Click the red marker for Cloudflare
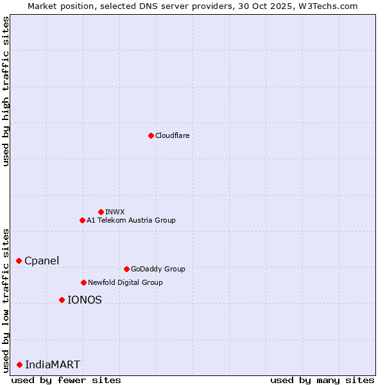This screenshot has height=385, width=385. pyautogui.click(x=151, y=135)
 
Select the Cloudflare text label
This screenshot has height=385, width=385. pyautogui.click(x=173, y=135)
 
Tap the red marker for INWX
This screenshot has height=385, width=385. pyautogui.click(x=101, y=212)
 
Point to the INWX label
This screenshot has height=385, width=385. pyautogui.click(x=115, y=212)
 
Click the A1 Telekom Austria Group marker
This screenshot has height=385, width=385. pyautogui.click(x=82, y=220)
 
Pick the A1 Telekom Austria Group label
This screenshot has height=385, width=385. pyautogui.click(x=131, y=220)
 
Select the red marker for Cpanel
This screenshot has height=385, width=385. pyautogui.click(x=19, y=261)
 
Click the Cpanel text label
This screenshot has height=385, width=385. pyautogui.click(x=42, y=261)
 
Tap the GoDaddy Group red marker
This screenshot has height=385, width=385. pyautogui.click(x=126, y=269)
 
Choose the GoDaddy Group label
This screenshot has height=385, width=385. pyautogui.click(x=158, y=269)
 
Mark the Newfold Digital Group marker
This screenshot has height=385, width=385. pyautogui.click(x=83, y=282)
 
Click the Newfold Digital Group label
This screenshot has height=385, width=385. pyautogui.click(x=125, y=282)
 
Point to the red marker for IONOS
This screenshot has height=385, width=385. pyautogui.click(x=62, y=300)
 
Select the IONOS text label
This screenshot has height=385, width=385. pyautogui.click(x=85, y=300)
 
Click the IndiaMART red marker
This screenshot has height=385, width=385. pyautogui.click(x=19, y=364)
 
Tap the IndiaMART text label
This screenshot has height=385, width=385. pyautogui.click(x=53, y=364)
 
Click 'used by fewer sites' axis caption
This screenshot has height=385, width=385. pyautogui.click(x=66, y=380)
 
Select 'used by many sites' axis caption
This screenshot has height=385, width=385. pyautogui.click(x=322, y=380)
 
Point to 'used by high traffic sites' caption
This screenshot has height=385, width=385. pyautogui.click(x=6, y=91)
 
